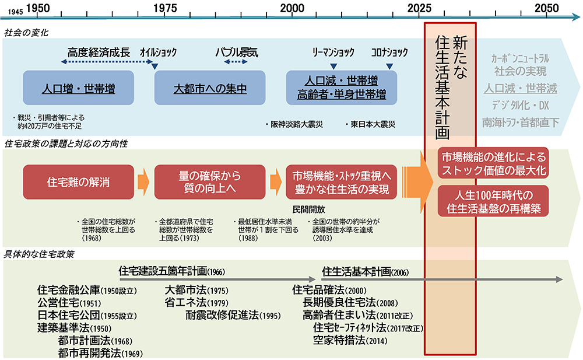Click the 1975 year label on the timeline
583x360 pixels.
coord(166,9)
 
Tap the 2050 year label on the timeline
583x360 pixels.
coord(546,9)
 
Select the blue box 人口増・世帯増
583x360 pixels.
coord(79,89)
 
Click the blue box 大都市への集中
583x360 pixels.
coord(210,89)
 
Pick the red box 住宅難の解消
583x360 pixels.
coord(78,181)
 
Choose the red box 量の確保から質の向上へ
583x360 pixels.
coord(209,181)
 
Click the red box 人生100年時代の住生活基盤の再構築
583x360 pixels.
coord(493,200)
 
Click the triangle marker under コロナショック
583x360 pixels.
coord(389,66)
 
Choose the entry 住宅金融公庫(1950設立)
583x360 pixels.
coord(86,290)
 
